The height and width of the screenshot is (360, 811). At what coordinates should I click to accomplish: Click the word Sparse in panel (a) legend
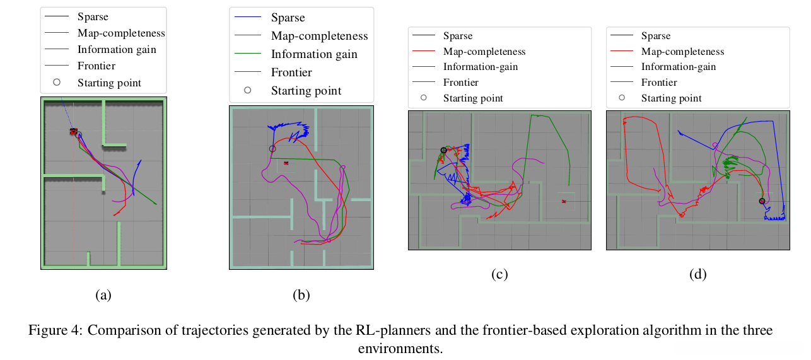pos(93,16)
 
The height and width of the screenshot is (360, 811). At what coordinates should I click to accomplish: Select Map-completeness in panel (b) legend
pos(319,36)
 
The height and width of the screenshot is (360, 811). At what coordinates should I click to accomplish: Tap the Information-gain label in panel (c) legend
pos(481,67)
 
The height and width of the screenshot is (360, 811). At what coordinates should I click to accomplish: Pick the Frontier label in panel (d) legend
pos(659,83)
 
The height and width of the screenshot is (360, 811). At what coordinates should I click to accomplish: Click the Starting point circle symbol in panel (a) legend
pos(57,82)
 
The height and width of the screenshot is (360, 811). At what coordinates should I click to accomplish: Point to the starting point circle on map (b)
pos(272,149)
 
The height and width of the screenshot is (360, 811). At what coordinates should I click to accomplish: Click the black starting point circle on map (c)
pos(443,150)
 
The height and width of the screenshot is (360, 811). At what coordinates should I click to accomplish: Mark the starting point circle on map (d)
pos(762,201)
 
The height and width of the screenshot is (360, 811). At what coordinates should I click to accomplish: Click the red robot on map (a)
pos(74,131)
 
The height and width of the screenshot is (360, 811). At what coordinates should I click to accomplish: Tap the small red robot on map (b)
pos(286,163)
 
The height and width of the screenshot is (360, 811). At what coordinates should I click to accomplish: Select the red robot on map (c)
pos(564,202)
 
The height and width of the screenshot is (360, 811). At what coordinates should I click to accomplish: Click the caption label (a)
pos(103,295)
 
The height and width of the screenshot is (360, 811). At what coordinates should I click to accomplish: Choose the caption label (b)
pos(301,295)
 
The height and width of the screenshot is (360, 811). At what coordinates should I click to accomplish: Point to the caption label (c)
pos(499,274)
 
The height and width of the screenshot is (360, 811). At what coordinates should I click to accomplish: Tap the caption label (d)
pos(698,274)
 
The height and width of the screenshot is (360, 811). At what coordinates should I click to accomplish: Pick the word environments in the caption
pos(400,349)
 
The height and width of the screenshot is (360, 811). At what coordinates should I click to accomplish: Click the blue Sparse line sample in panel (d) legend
pos(622,35)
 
